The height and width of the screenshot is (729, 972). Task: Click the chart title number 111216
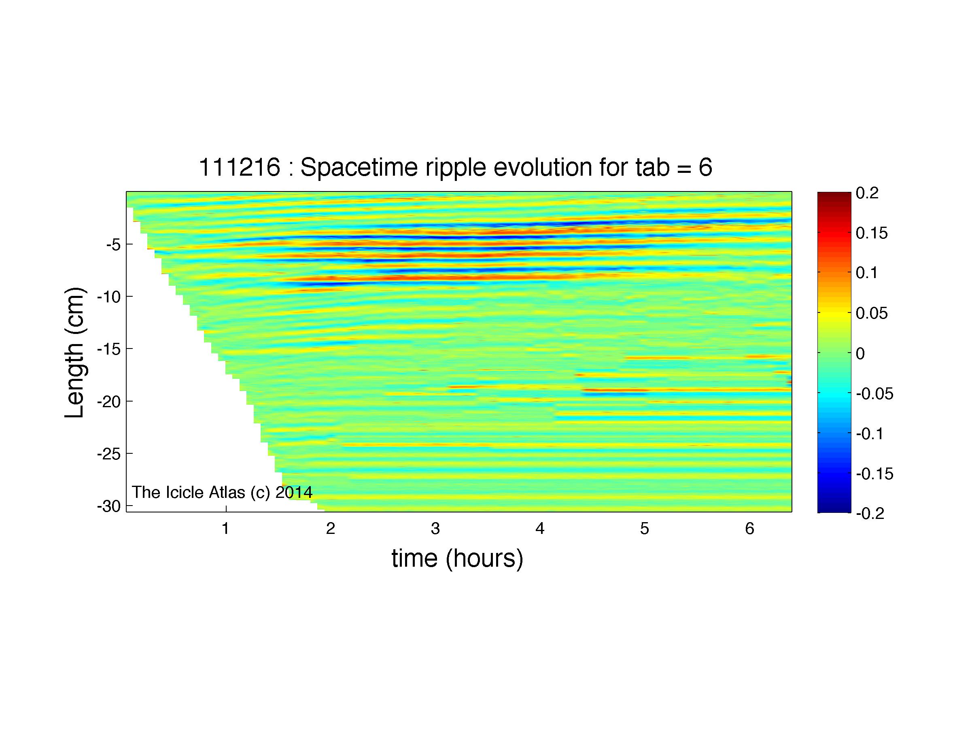click(240, 168)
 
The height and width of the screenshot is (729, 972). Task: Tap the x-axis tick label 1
click(225, 529)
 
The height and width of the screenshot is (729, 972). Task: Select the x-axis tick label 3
click(435, 529)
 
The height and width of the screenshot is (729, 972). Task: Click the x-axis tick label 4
click(539, 529)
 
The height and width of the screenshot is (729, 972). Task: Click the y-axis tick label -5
click(113, 244)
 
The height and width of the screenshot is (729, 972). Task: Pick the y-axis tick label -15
click(108, 349)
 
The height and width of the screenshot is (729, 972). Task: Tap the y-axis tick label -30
click(108, 507)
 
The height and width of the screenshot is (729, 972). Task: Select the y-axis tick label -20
click(108, 402)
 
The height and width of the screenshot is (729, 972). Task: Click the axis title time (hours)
click(457, 559)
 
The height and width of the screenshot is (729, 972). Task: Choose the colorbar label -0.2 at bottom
click(870, 513)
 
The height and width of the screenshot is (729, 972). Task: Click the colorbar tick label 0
click(860, 353)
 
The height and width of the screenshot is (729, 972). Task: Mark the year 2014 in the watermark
click(294, 492)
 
